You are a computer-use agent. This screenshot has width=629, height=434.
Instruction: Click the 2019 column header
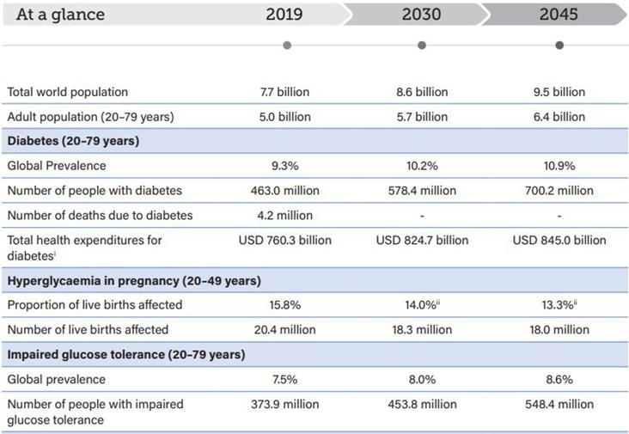point(284,15)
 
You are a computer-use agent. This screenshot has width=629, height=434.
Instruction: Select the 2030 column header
point(421,15)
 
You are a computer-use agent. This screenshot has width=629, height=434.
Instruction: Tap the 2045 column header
point(559,15)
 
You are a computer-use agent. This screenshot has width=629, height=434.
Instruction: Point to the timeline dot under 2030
point(421,45)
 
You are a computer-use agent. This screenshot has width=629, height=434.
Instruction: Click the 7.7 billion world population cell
point(284,92)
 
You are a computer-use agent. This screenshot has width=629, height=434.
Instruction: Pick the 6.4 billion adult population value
point(559,117)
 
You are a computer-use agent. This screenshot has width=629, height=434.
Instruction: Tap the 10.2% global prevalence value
point(421,166)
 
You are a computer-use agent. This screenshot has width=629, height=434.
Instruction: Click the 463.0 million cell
point(284,191)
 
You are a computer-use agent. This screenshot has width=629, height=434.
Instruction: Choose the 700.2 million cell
point(559,191)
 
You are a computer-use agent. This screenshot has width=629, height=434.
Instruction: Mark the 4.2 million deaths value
point(284,215)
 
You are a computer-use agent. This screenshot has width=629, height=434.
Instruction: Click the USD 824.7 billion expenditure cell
point(422,240)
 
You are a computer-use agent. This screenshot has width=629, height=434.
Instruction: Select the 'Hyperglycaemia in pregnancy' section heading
point(134,280)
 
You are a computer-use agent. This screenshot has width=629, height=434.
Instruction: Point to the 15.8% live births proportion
point(284,305)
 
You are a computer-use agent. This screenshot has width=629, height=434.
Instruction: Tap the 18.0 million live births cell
point(559,330)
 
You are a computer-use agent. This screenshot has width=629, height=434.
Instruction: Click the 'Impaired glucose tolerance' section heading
point(126,354)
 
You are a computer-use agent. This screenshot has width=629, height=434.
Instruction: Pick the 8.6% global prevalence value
point(559,379)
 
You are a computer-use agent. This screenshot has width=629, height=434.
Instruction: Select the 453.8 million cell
point(421,404)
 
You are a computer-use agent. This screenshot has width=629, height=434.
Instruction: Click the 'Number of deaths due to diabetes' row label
point(100,215)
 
